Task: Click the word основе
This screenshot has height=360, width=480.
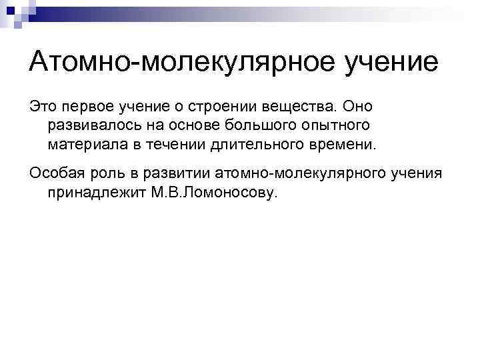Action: (185, 125)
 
